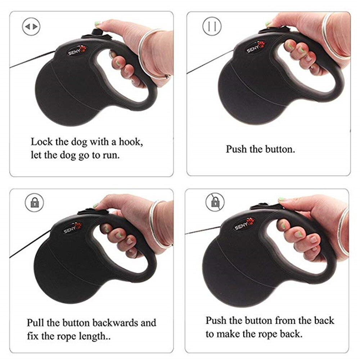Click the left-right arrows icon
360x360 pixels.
(x=31, y=26)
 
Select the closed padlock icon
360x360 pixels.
(x=34, y=203)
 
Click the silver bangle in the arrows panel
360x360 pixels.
(x=151, y=54)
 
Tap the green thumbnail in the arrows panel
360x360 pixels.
(x=97, y=24)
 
